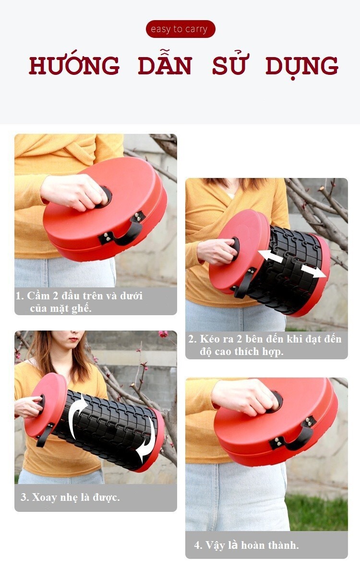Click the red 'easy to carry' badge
(180, 29)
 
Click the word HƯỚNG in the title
(74, 66)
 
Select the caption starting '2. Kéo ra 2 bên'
(264, 345)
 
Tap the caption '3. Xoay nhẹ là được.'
(70, 497)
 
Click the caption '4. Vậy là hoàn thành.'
(247, 545)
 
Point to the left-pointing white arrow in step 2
(271, 256)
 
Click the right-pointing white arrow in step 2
(313, 271)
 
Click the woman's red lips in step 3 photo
(73, 340)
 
